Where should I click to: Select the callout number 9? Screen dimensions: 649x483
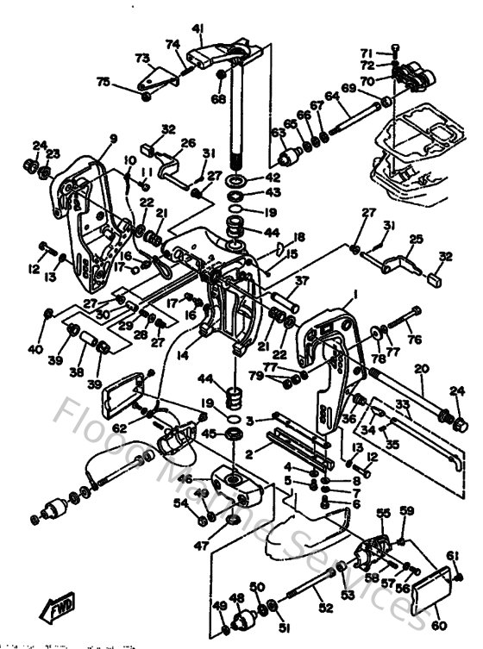[x=113, y=139]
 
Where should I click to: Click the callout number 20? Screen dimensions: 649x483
[x=422, y=369]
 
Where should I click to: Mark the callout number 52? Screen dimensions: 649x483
[x=325, y=608]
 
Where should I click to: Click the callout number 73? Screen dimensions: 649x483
[x=142, y=58]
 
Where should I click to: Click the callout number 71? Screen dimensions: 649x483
[x=389, y=52]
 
